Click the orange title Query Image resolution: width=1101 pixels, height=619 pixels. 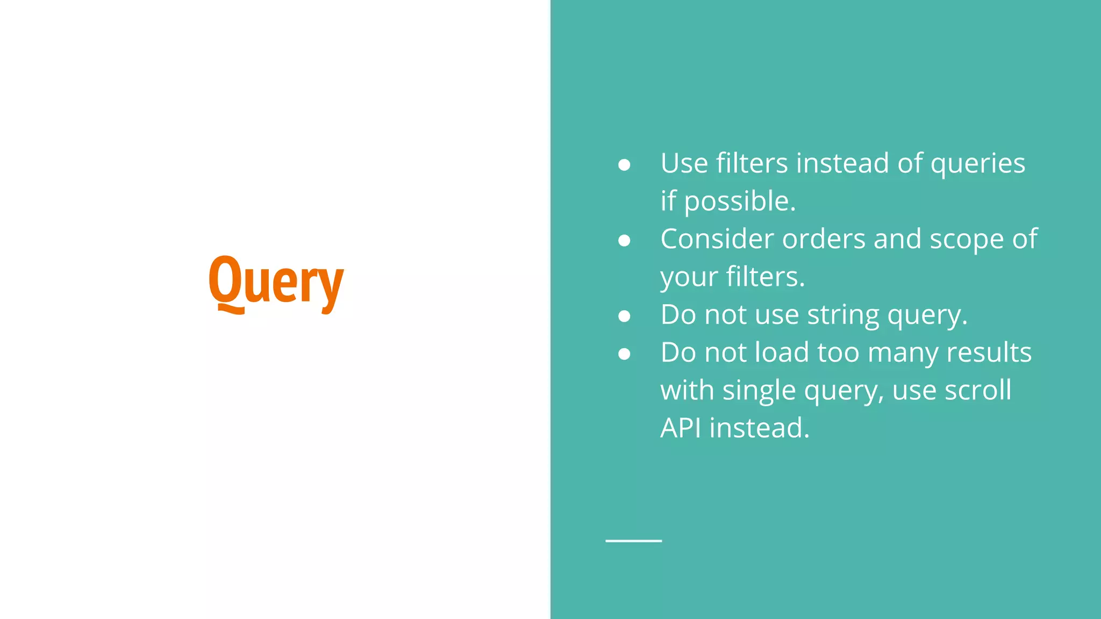click(276, 283)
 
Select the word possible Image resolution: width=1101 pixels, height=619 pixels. click(739, 201)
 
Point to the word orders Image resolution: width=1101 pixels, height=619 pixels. click(824, 239)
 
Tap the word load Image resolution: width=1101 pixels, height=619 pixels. click(782, 352)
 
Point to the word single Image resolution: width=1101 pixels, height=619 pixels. click(759, 391)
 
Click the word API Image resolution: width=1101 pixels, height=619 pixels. click(680, 428)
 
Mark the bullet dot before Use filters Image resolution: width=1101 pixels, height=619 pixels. click(624, 165)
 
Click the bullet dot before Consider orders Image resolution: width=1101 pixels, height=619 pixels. click(624, 241)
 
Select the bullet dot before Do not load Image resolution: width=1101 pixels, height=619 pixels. click(624, 354)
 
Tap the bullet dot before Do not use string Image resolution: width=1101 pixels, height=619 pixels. click(624, 316)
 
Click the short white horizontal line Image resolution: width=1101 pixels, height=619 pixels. click(633, 541)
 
